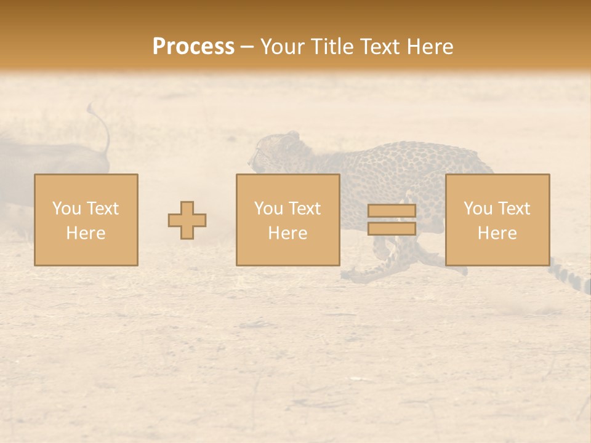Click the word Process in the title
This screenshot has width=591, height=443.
(x=193, y=47)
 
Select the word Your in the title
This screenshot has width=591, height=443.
(x=283, y=47)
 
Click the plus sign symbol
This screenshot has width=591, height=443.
(x=187, y=220)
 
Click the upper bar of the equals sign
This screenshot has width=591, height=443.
(x=392, y=211)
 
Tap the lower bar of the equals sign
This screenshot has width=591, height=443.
(x=392, y=228)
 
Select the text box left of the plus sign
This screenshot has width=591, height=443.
(x=86, y=220)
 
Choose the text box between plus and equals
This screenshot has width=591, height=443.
(x=288, y=220)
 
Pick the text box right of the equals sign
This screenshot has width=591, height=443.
(x=497, y=220)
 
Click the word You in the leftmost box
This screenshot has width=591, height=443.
(x=66, y=209)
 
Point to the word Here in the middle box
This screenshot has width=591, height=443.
(x=288, y=233)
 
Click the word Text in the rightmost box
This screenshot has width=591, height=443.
(x=513, y=209)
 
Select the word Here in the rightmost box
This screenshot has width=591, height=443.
(x=497, y=233)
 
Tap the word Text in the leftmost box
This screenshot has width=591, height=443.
(x=102, y=209)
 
